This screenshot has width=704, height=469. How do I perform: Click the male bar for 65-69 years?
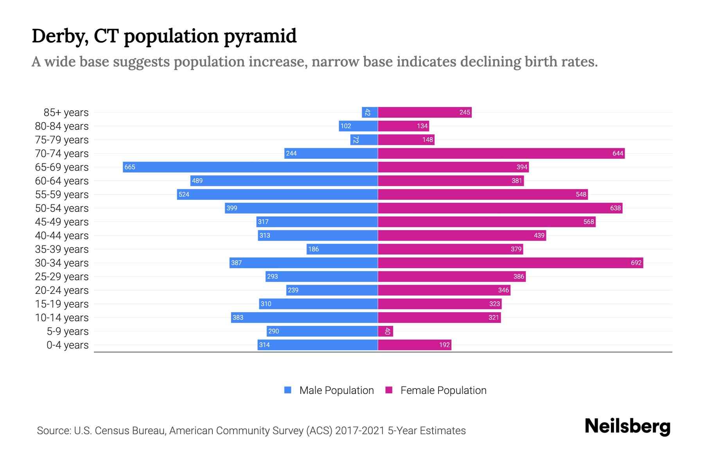(250, 167)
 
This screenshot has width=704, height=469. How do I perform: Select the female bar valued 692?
(510, 263)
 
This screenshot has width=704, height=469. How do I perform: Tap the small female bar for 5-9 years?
(385, 331)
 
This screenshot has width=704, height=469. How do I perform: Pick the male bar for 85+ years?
(370, 112)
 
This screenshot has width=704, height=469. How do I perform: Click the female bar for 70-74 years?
(501, 153)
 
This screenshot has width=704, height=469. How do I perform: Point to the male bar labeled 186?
(342, 249)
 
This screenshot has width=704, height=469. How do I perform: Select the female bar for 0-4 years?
(415, 345)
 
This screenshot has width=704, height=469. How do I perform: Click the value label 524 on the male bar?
(184, 194)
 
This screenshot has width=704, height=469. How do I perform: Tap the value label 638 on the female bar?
(615, 208)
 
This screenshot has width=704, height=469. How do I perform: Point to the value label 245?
(465, 112)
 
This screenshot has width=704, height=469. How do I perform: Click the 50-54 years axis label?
(62, 208)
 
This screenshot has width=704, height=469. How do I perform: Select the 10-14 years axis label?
(62, 317)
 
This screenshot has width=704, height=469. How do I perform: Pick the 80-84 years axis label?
(62, 126)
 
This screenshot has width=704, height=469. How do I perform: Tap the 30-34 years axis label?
(62, 263)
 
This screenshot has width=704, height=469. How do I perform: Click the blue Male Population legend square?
(288, 390)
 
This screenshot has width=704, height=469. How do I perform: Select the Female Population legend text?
(443, 390)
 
